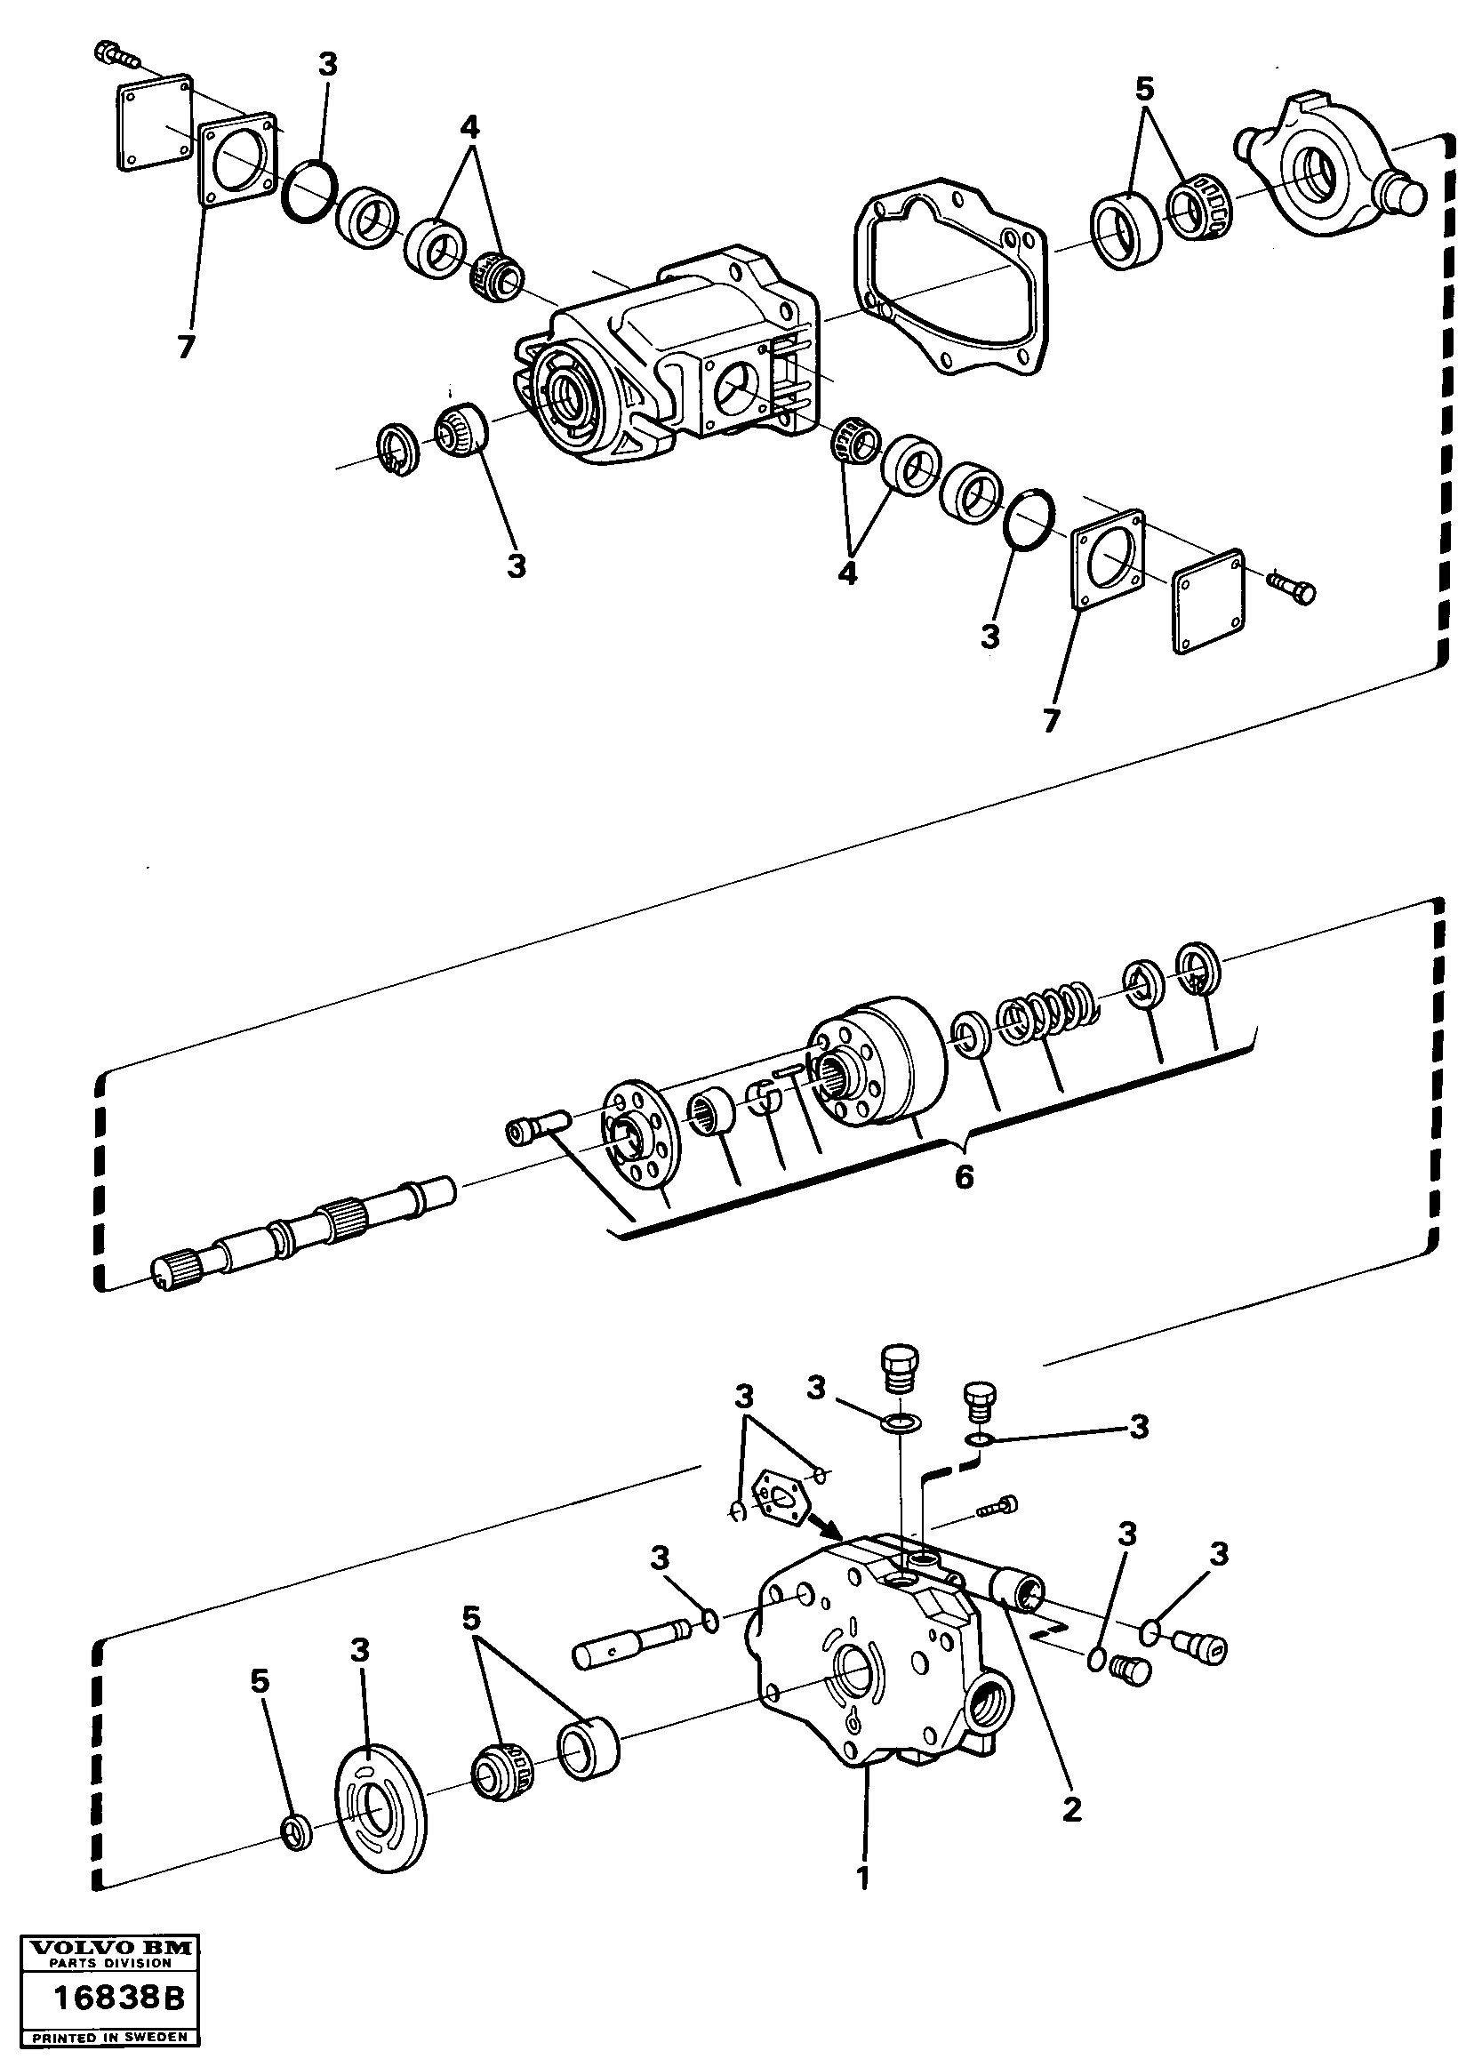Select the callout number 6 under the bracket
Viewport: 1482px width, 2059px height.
tap(964, 1177)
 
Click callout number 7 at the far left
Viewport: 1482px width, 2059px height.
tap(185, 347)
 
